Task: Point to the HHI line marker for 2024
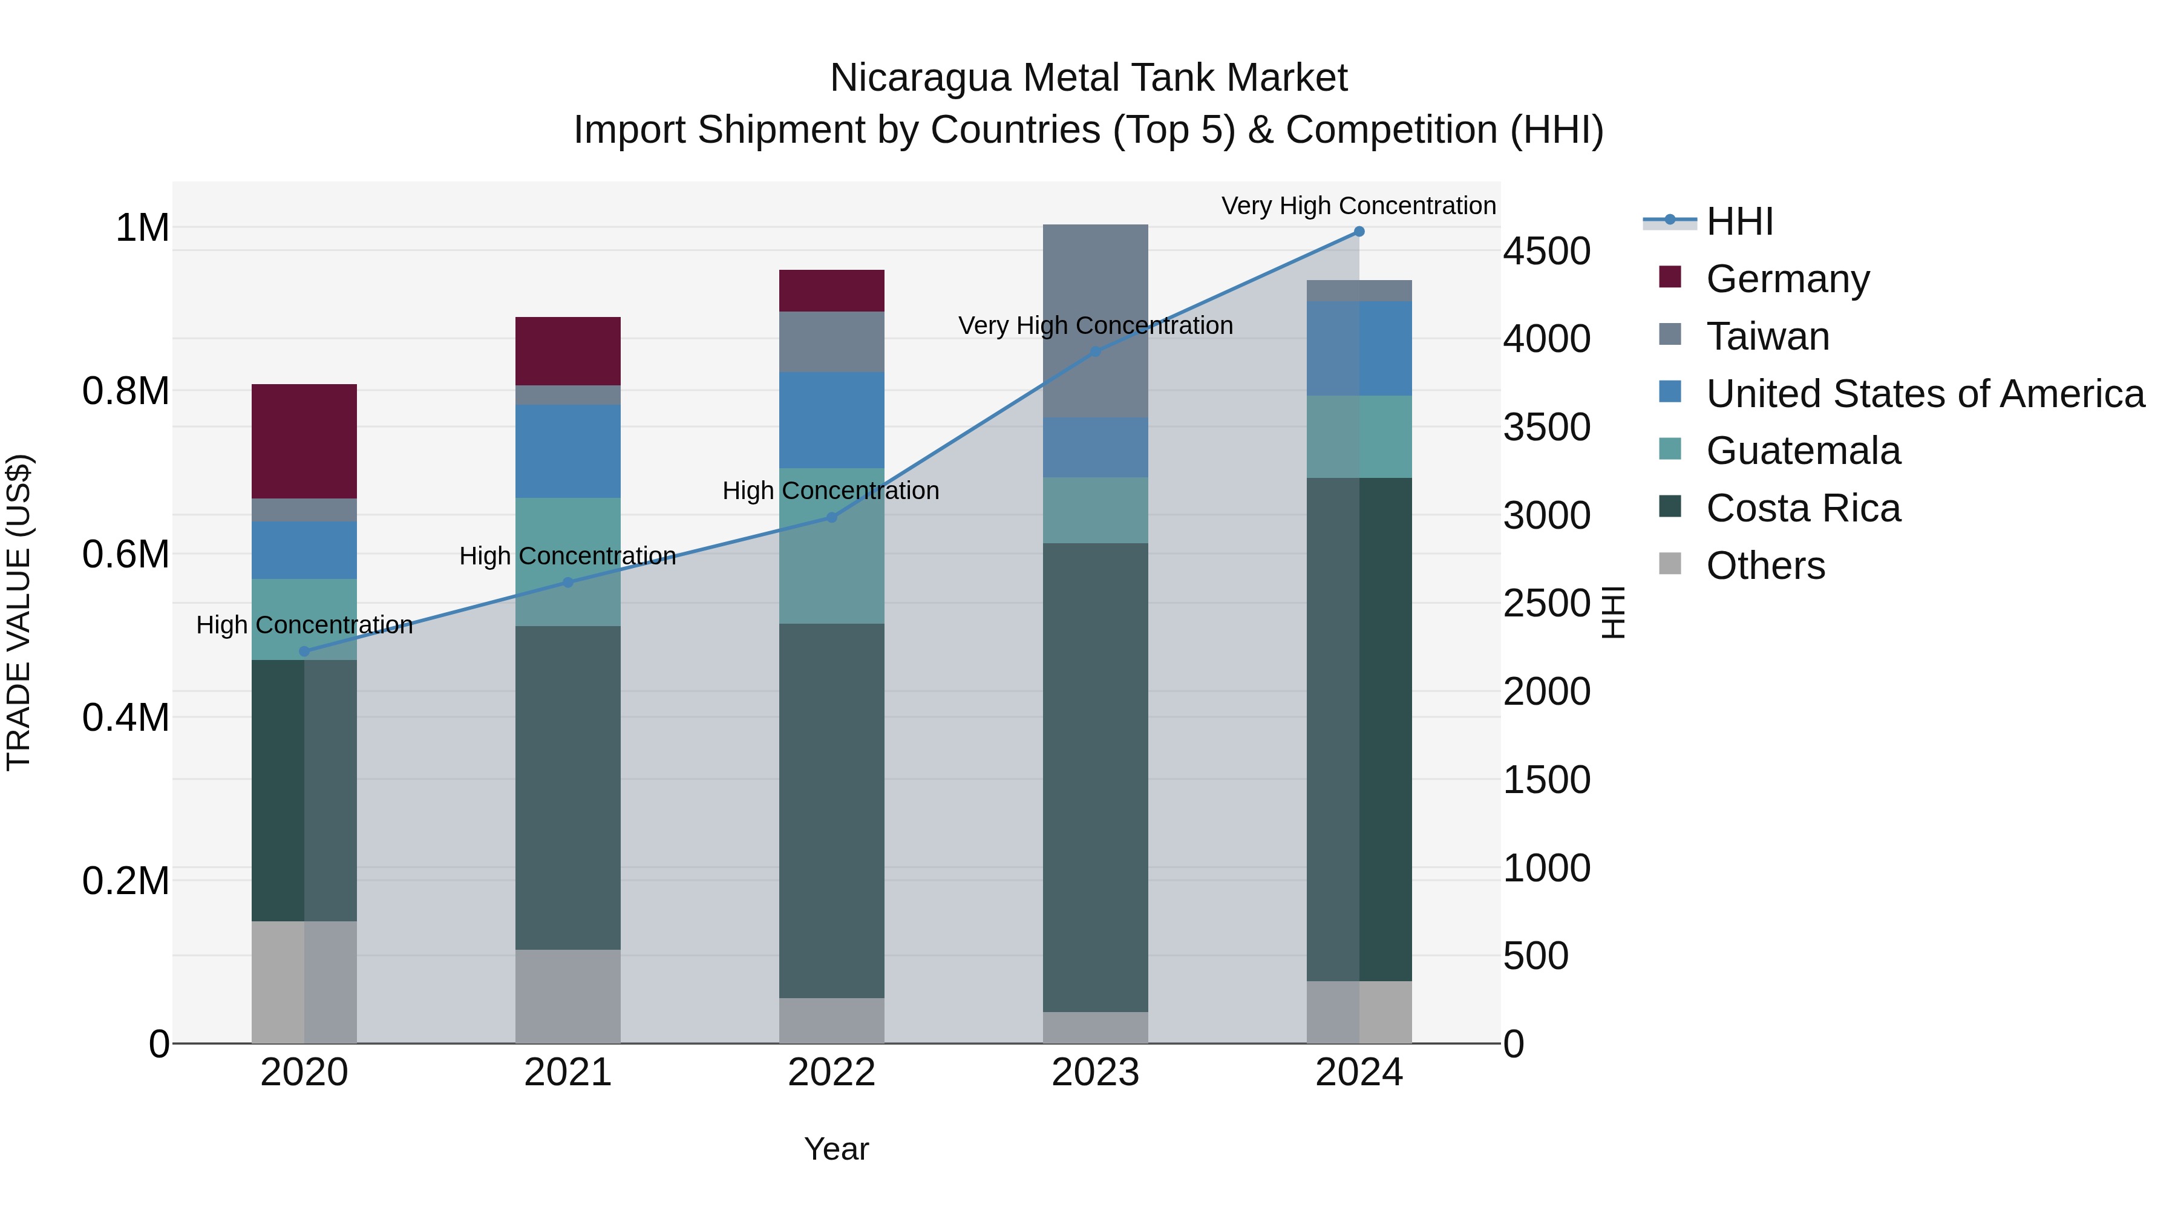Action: pos(1359,231)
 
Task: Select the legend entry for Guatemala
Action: pos(1803,451)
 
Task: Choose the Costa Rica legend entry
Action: pos(1803,508)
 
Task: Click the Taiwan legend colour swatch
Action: pos(1670,335)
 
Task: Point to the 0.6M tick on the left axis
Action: pos(125,555)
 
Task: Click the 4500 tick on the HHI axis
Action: pos(1546,251)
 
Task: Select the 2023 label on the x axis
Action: pos(1095,1072)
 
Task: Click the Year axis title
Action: pos(836,1149)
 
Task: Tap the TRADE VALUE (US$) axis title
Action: pos(19,612)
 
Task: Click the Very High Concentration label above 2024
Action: pos(1359,206)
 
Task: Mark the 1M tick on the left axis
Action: pos(142,227)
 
